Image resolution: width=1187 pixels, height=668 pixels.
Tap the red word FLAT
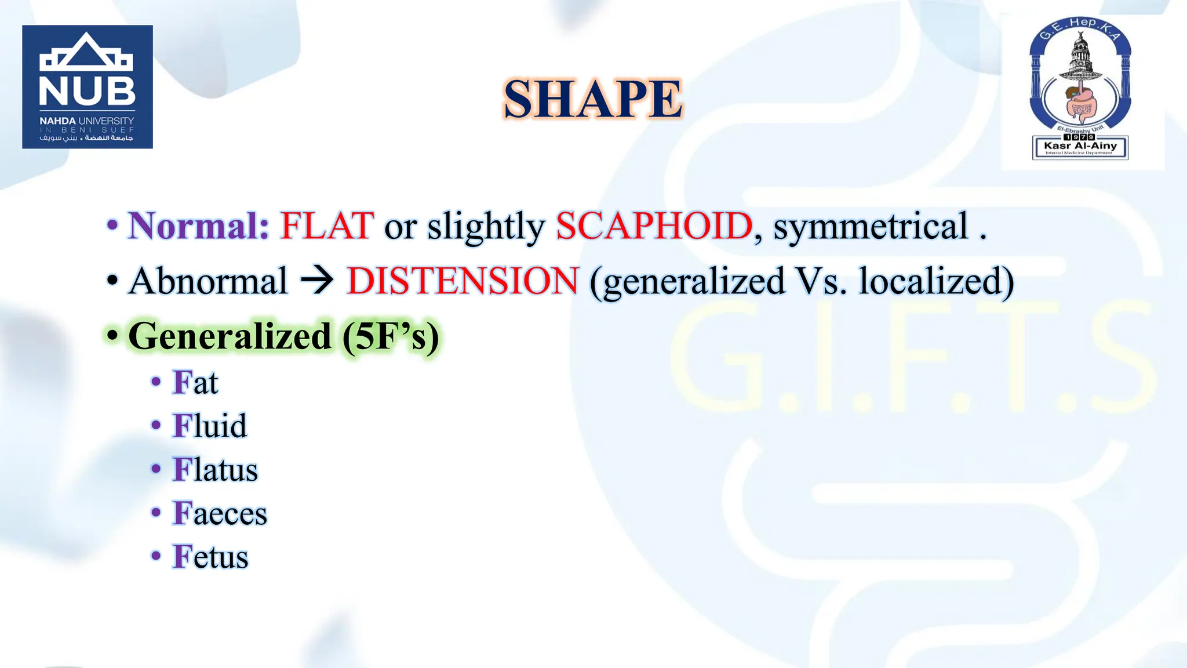[327, 226]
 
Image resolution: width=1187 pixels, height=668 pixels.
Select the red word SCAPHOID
[654, 226]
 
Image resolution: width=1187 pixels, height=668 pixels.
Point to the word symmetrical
[871, 226]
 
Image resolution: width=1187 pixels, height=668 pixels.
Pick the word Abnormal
[208, 281]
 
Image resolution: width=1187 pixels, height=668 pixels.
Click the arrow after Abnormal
[317, 281]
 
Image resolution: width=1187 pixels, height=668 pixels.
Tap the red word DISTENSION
[462, 281]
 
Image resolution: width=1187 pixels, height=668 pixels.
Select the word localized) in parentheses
[936, 281]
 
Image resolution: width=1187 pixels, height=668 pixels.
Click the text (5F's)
[391, 336]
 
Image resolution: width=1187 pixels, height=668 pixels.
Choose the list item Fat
[195, 383]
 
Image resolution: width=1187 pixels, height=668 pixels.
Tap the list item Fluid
[210, 426]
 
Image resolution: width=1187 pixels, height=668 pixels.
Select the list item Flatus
[215, 469]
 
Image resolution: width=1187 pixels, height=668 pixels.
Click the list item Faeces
[220, 513]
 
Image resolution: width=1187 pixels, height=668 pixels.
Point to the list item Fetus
[210, 557]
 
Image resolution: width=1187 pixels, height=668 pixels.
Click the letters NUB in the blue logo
[87, 92]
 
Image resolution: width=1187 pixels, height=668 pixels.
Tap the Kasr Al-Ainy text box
[1080, 147]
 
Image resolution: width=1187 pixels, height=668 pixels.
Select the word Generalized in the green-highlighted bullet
[230, 336]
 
